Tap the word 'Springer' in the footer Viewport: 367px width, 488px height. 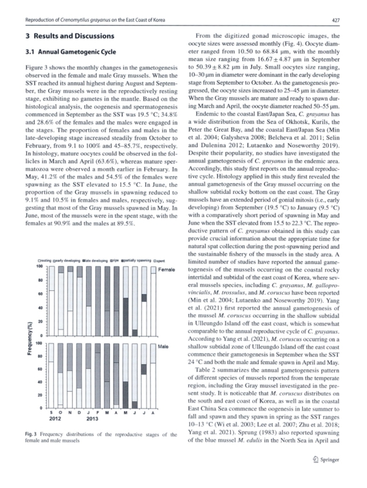tap(333, 476)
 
